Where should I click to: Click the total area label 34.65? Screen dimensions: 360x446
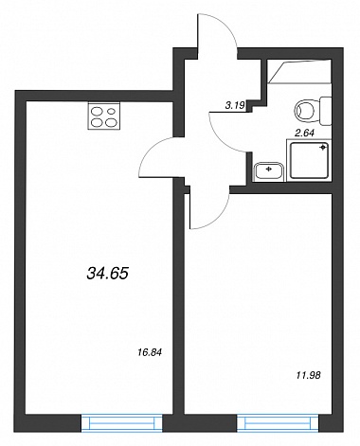[x=107, y=274]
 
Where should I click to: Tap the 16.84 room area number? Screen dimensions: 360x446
[x=150, y=352]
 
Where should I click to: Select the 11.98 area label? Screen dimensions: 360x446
[x=309, y=375]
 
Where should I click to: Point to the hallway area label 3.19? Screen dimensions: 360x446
[x=235, y=106]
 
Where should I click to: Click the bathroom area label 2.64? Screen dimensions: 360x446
[x=304, y=134]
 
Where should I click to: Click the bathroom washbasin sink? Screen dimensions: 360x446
[x=269, y=170]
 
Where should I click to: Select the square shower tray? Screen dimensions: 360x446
[x=310, y=160]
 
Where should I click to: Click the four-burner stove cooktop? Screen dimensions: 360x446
[x=104, y=116]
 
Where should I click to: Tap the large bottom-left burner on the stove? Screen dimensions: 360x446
[x=97, y=122]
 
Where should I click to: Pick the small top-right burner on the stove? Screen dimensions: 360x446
[x=111, y=111]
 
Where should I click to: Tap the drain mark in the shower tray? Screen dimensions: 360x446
[x=323, y=148]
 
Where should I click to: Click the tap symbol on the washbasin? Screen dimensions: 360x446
[x=269, y=169]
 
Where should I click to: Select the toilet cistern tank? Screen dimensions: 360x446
[x=326, y=111]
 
